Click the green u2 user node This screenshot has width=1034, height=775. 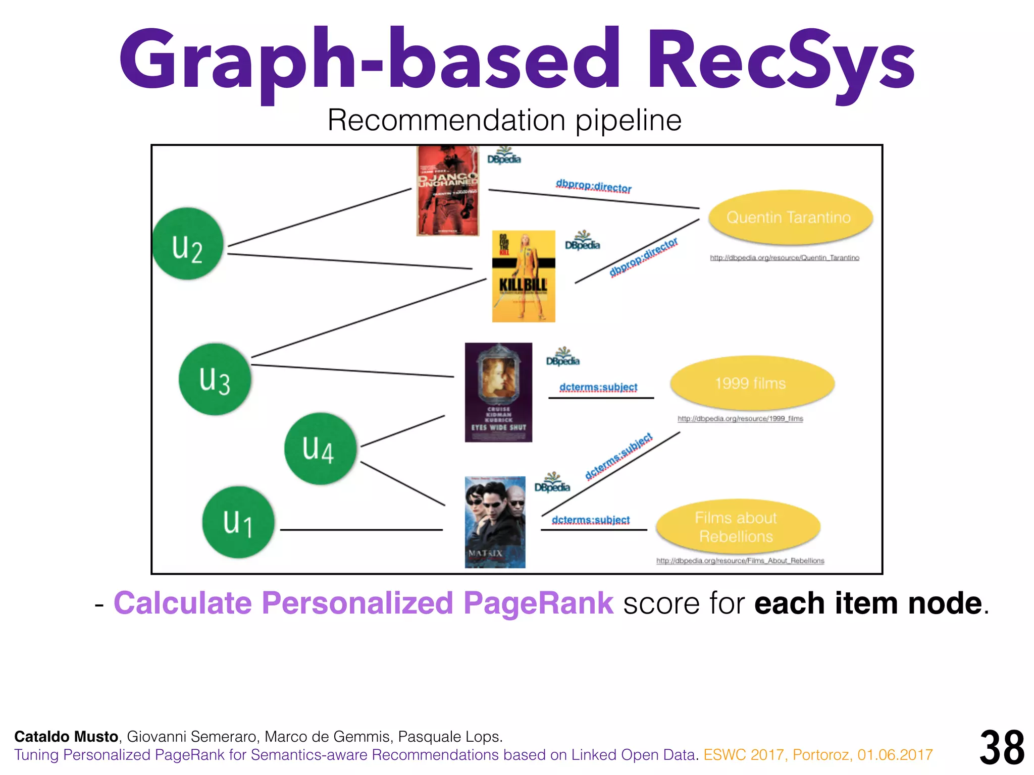[x=188, y=244]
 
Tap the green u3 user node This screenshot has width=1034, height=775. [x=215, y=379]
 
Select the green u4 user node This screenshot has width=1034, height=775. [x=320, y=449]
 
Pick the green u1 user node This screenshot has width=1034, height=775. [x=238, y=522]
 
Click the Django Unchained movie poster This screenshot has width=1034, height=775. [x=448, y=191]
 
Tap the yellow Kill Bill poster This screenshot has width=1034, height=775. [x=524, y=276]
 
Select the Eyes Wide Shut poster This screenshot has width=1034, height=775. [x=498, y=393]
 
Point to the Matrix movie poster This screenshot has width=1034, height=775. [x=495, y=522]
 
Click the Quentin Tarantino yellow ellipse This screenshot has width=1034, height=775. [x=791, y=217]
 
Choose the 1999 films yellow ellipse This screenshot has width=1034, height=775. [x=752, y=383]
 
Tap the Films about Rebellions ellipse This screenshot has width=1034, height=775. [x=738, y=527]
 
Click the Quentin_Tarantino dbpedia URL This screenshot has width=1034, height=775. [x=785, y=258]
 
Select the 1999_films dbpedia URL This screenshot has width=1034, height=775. [x=740, y=419]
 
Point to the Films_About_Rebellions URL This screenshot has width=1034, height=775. [x=740, y=561]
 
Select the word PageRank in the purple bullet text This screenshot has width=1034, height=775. [x=538, y=603]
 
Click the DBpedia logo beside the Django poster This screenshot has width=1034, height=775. [x=504, y=155]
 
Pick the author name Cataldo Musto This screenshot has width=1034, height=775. [x=66, y=737]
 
